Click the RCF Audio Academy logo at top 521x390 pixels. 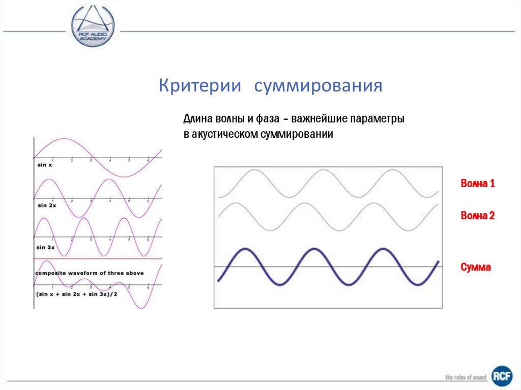[93, 26]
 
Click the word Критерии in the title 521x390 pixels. [199, 85]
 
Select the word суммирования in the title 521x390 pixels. [318, 85]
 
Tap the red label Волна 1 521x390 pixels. [478, 184]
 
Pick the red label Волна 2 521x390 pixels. [478, 216]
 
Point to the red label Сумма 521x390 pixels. [476, 267]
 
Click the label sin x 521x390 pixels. [45, 165]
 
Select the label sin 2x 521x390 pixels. [46, 205]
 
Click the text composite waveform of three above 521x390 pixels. [90, 273]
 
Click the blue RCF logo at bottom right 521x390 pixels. [502, 376]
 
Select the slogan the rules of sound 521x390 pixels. [466, 377]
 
